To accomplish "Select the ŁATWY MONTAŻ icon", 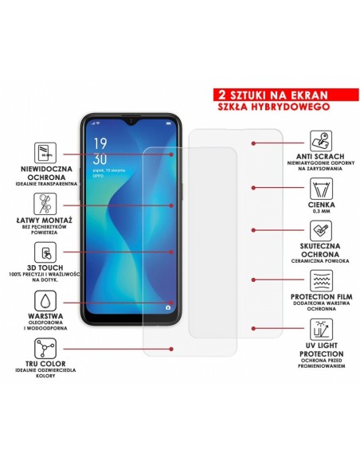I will (45, 201).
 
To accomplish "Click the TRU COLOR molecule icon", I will (45, 348).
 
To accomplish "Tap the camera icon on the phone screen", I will (168, 307).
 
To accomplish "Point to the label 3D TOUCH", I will (45, 271).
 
